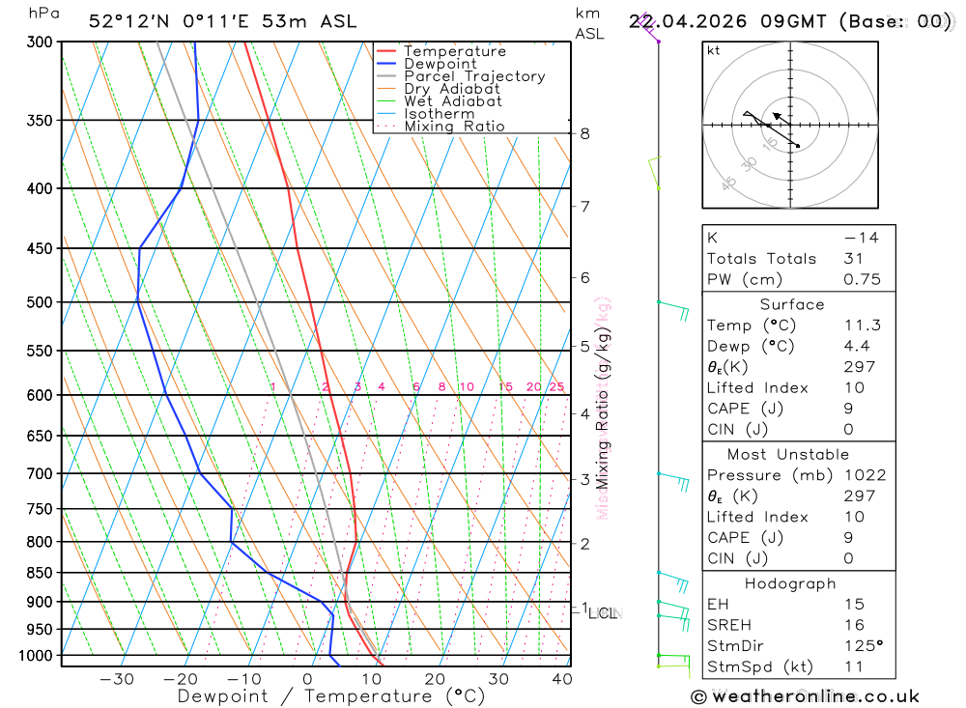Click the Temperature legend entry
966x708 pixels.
[x=454, y=51]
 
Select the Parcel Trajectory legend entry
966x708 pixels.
[x=474, y=76]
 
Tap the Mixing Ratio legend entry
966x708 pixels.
[x=454, y=127]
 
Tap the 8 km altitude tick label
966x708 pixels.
[x=584, y=133]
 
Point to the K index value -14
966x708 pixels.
[x=860, y=238]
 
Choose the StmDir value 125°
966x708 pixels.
[x=863, y=646]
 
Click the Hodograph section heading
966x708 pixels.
[x=791, y=584]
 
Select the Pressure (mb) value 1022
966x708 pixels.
[x=863, y=475]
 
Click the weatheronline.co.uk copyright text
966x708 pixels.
[x=806, y=696]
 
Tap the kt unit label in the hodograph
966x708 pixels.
[x=713, y=51]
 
